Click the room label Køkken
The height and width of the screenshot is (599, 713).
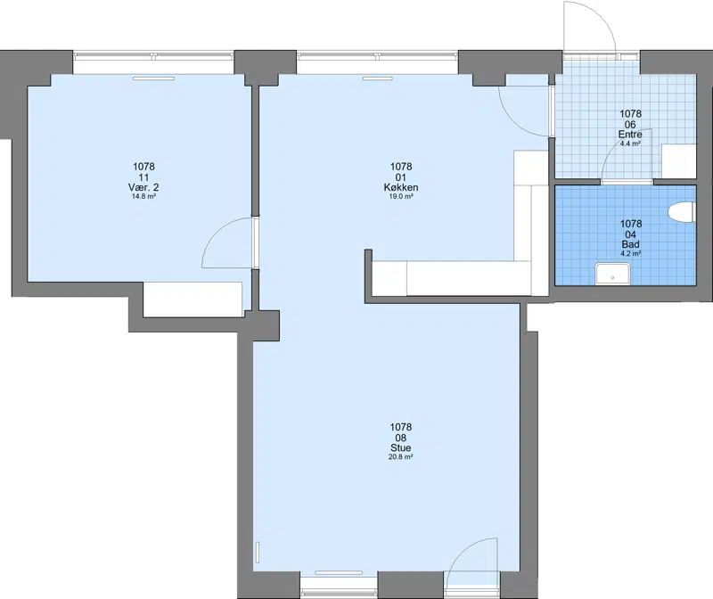[x=400, y=187]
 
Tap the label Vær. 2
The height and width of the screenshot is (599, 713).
[x=143, y=187]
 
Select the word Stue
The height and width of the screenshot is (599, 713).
[x=400, y=448]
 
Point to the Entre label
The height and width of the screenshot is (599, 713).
[x=630, y=135]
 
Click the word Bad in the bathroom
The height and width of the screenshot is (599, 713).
[x=631, y=245]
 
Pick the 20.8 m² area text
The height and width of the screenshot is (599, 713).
[x=400, y=457]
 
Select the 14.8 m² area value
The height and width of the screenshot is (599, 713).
[x=143, y=196]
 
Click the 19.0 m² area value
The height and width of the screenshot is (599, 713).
[x=400, y=196]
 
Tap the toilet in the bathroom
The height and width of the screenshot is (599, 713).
[x=682, y=212]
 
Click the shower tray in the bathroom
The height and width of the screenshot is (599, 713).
[x=612, y=275]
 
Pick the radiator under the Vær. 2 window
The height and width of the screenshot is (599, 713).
[x=153, y=78]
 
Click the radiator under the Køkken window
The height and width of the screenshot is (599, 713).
[x=377, y=78]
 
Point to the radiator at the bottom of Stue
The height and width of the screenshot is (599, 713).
[x=339, y=572]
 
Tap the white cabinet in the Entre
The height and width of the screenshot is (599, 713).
[x=679, y=161]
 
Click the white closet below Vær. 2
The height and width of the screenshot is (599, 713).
[x=193, y=299]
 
